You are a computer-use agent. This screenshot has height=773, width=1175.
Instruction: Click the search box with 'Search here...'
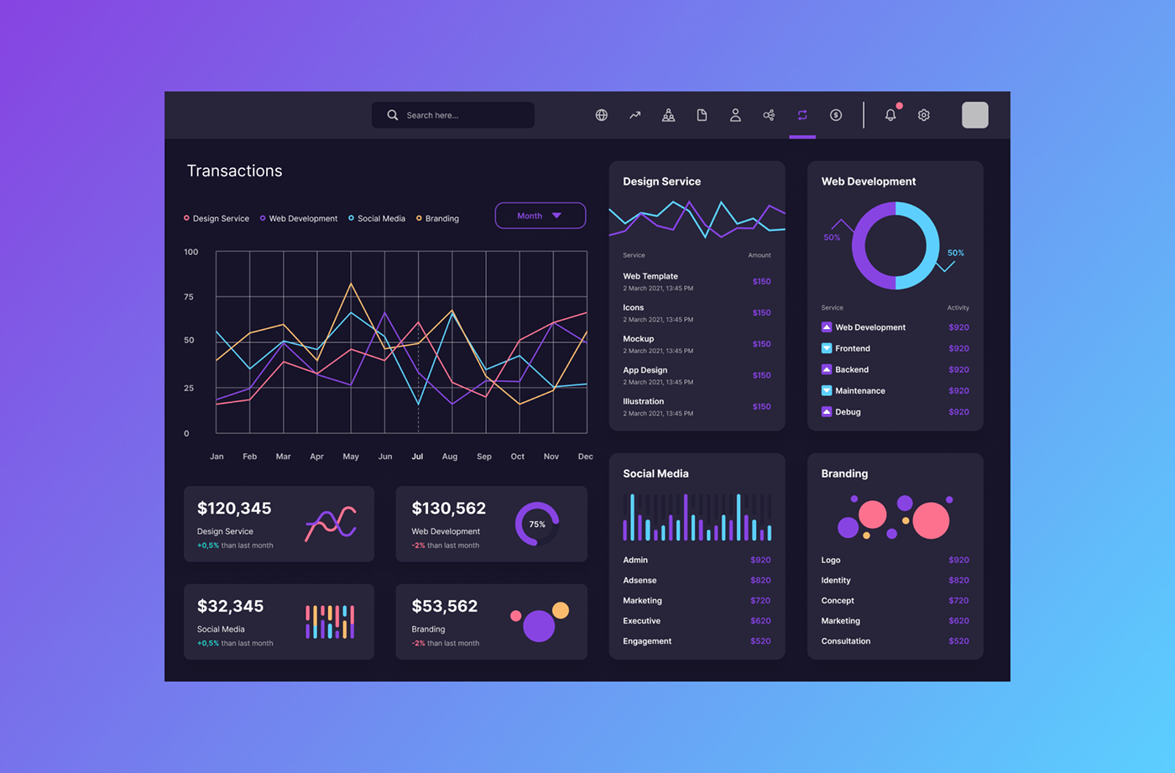pyautogui.click(x=453, y=115)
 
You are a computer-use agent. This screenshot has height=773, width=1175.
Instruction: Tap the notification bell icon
pyautogui.click(x=890, y=115)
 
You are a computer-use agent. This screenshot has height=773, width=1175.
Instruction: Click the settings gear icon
pyautogui.click(x=924, y=115)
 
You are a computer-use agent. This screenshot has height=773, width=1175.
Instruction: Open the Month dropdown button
pyautogui.click(x=540, y=216)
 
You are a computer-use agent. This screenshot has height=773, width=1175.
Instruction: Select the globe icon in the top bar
pyautogui.click(x=602, y=115)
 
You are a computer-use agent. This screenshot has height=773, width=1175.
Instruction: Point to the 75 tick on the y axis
pyautogui.click(x=189, y=297)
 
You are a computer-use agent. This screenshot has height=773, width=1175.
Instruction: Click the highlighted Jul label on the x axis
pyautogui.click(x=417, y=457)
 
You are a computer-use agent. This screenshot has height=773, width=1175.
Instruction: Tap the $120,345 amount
pyautogui.click(x=234, y=509)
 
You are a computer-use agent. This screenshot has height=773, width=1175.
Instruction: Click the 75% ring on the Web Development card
pyautogui.click(x=537, y=524)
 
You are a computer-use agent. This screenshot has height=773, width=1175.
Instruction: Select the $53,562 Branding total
pyautogui.click(x=445, y=606)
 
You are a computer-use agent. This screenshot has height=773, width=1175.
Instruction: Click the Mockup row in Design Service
pyautogui.click(x=639, y=339)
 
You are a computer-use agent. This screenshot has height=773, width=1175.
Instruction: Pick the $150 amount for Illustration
pyautogui.click(x=761, y=407)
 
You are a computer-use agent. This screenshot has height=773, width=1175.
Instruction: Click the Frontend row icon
pyautogui.click(x=827, y=348)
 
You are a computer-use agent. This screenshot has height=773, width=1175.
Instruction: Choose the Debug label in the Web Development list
pyautogui.click(x=848, y=412)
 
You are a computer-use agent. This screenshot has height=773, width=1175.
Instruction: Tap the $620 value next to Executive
pyautogui.click(x=760, y=621)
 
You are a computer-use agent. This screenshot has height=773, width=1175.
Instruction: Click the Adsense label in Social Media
pyautogui.click(x=640, y=581)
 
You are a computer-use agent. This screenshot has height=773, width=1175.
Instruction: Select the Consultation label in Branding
pyautogui.click(x=846, y=641)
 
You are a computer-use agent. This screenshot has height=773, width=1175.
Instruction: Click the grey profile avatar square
pyautogui.click(x=974, y=115)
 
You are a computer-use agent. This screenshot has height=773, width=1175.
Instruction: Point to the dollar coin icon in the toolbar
pyautogui.click(x=836, y=115)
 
